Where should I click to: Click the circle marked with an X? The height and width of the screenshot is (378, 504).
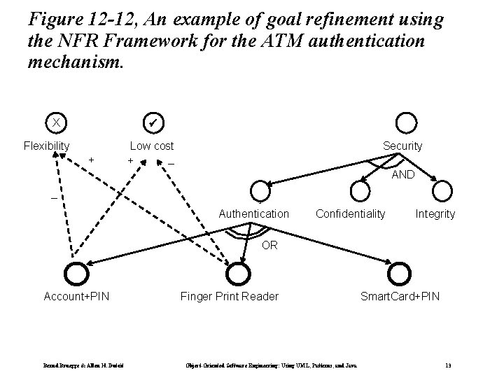55,122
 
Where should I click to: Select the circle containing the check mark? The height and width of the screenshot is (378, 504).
152,122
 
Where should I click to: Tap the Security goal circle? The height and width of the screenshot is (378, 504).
407,122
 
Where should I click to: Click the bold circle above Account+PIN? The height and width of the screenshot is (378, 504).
76,273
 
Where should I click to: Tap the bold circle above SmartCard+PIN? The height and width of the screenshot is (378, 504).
400,273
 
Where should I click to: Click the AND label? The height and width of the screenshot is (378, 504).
402,175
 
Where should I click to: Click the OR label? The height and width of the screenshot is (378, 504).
270,245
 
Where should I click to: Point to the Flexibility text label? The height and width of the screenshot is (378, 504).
47,146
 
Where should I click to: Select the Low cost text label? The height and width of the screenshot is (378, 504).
152,146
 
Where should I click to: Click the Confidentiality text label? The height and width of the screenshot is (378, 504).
351,213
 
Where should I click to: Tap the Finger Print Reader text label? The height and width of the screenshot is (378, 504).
230,296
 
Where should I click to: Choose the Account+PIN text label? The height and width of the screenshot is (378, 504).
76,296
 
